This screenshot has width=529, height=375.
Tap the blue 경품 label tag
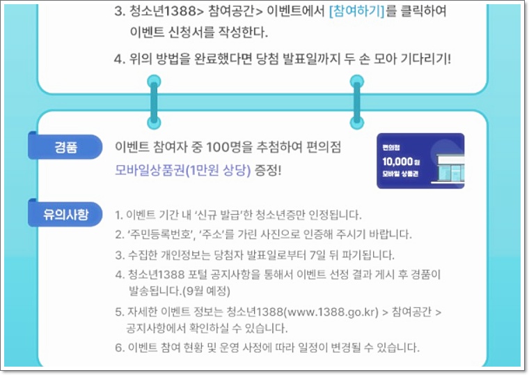point(66,147)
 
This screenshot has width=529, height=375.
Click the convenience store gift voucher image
point(420,161)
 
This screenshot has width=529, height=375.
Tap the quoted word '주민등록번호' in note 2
point(158,234)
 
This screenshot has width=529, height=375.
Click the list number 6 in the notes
point(119,347)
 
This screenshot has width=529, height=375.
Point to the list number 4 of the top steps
point(118,59)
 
